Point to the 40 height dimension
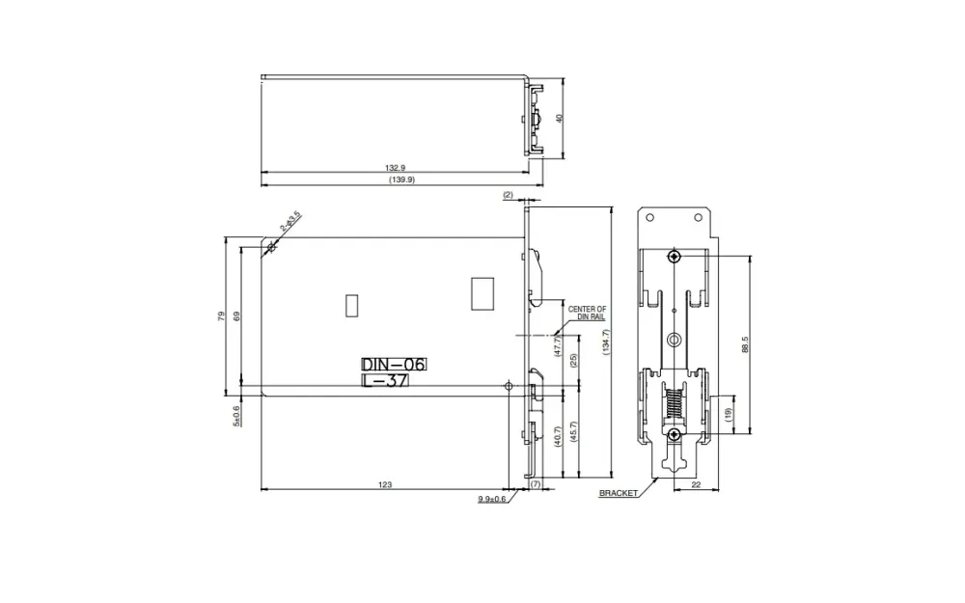(x=559, y=118)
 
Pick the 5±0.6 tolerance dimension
(x=236, y=415)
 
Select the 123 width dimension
(x=386, y=484)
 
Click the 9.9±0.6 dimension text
(x=491, y=499)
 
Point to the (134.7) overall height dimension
(x=606, y=343)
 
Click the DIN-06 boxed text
(x=393, y=364)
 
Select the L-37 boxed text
(x=385, y=381)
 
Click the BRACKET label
(x=619, y=493)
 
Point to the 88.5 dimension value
(x=745, y=344)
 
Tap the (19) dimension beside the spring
(x=729, y=413)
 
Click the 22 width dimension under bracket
(x=696, y=484)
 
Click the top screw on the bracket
(x=674, y=256)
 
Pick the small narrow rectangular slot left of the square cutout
(x=350, y=305)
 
